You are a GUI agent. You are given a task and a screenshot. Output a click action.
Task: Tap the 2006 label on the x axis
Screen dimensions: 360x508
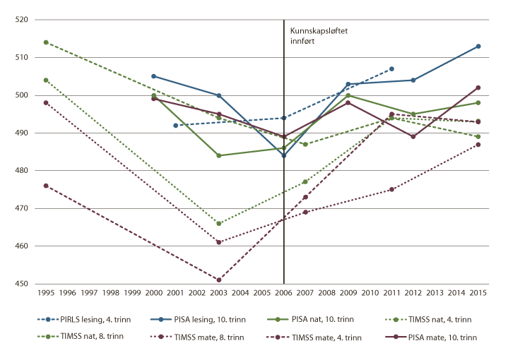click(284, 292)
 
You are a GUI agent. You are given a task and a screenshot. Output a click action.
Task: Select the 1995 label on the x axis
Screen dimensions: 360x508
click(46, 292)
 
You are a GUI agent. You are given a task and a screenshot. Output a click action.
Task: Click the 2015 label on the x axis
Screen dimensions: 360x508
click(478, 292)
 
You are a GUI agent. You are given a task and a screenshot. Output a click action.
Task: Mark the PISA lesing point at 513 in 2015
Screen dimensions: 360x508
click(478, 46)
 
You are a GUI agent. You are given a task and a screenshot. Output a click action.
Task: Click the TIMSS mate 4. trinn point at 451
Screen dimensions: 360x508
click(219, 280)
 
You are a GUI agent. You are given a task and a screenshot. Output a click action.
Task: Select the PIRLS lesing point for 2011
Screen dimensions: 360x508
click(391, 68)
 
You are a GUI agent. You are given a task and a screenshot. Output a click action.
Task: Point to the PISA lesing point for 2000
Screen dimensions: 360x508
click(154, 76)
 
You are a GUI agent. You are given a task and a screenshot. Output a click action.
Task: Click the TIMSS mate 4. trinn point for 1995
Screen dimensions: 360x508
click(46, 186)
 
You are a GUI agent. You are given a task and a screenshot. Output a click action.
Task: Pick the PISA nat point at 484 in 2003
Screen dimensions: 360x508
click(219, 155)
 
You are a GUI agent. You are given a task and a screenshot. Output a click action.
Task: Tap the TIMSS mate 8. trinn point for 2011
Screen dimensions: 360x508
click(391, 189)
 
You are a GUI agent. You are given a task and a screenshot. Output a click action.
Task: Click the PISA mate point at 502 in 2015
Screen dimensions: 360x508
click(478, 88)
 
